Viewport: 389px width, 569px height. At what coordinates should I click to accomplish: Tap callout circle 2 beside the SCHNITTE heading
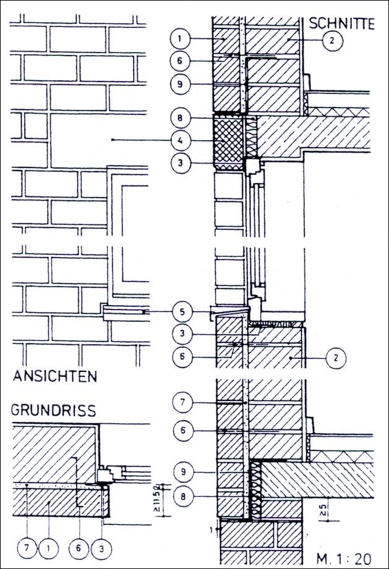pos(333,41)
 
